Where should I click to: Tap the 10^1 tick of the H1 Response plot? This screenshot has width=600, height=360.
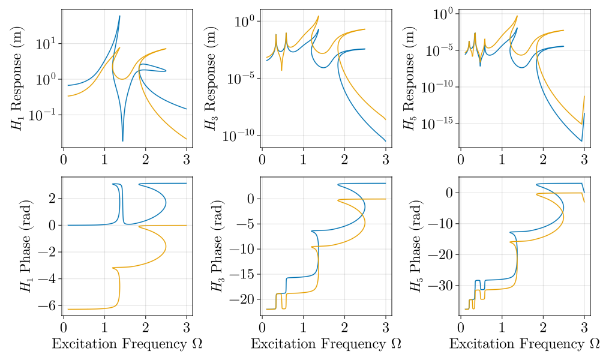tap(47, 43)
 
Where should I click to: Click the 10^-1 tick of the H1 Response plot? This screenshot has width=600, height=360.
tap(44, 114)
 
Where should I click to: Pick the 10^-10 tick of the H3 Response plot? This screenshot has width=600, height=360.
tap(239, 136)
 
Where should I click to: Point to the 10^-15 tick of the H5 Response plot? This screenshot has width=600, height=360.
tap(438, 123)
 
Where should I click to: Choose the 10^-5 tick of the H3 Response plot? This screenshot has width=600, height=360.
tap(241, 79)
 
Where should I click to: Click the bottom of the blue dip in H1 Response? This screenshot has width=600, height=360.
tap(122, 140)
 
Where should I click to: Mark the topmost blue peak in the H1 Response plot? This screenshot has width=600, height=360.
tap(119, 16)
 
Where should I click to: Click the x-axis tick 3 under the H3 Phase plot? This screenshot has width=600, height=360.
tap(385, 328)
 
